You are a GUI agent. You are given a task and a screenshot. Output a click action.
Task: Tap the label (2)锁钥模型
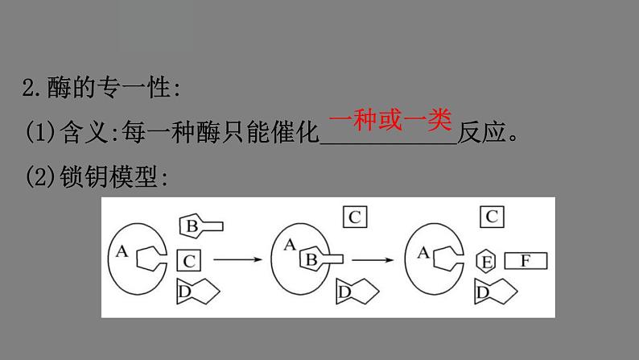click(x=97, y=178)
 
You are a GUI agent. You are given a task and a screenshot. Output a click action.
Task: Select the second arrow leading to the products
click(x=375, y=259)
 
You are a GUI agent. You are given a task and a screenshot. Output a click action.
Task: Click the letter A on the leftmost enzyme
click(x=122, y=251)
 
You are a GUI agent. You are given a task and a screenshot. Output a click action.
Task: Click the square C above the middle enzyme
click(x=356, y=216)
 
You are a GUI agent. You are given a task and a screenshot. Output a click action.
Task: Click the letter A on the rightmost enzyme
click(x=423, y=251)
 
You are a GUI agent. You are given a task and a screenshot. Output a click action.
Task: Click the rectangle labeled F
click(x=526, y=261)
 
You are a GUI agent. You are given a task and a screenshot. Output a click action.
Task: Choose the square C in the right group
click(x=492, y=216)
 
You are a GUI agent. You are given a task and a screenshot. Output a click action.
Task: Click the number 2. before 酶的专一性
click(x=32, y=89)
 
